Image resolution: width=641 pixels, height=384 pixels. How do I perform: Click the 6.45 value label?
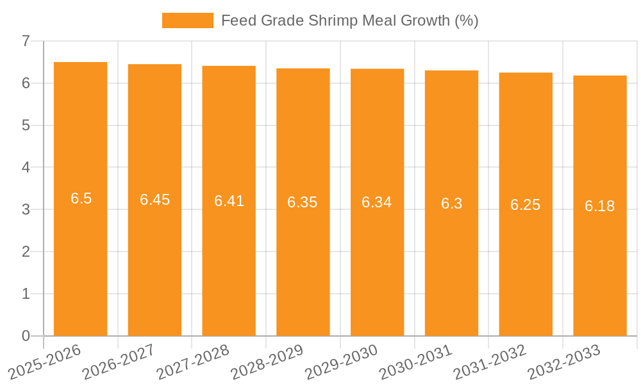pos(154,200)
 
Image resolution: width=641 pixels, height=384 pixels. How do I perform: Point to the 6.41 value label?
pos(229,201)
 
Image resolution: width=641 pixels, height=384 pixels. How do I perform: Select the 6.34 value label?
pos(377,202)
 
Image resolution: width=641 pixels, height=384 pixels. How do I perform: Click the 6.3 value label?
pos(451,204)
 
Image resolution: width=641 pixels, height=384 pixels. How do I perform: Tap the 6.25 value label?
pos(525,205)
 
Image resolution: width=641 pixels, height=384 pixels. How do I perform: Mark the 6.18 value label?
pos(599,206)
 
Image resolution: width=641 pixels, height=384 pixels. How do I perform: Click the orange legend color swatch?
pos(187,20)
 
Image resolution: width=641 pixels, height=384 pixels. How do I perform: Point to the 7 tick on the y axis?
pos(26,41)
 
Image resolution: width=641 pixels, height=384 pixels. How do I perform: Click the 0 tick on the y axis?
pos(26,336)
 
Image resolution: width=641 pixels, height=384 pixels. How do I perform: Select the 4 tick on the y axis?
pos(26,168)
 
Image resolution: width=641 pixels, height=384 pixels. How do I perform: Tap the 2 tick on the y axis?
pos(26,252)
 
